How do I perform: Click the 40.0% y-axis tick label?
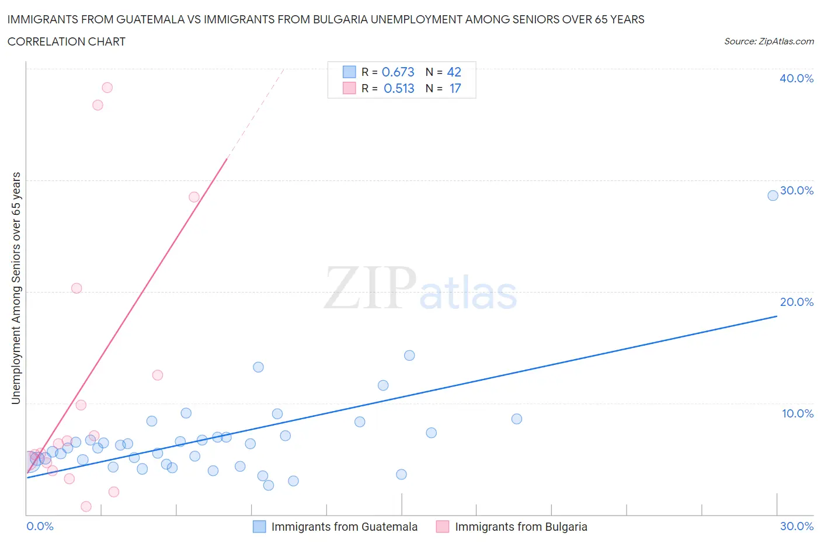click(796, 78)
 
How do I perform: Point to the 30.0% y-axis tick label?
click(796, 190)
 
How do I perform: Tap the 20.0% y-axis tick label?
click(796, 302)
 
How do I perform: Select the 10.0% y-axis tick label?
click(797, 413)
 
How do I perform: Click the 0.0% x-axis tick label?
click(40, 526)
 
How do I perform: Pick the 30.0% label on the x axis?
click(796, 526)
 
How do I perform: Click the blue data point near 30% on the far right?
click(773, 196)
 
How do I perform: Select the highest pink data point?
click(107, 88)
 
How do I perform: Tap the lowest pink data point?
click(86, 506)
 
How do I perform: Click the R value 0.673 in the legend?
click(398, 72)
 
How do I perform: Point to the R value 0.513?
click(399, 88)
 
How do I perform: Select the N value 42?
click(454, 72)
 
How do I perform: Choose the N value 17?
click(455, 88)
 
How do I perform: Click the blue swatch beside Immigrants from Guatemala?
click(259, 527)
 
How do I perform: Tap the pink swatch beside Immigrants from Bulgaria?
click(442, 527)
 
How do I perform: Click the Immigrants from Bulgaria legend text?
click(521, 527)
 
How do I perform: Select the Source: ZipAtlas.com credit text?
click(768, 41)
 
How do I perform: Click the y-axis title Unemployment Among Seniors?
click(16, 288)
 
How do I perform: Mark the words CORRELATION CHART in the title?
click(67, 41)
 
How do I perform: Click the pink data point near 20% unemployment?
click(76, 288)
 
